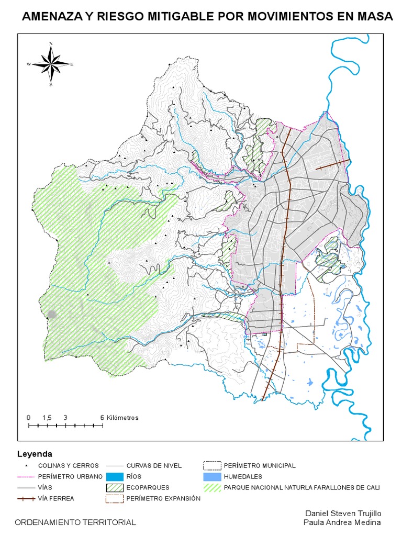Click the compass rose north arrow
[x=51, y=63]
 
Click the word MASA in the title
[x=373, y=17]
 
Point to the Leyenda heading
[x=35, y=453]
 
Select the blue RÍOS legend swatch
[x=114, y=477]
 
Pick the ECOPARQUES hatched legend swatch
[x=114, y=488]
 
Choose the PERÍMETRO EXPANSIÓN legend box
[x=114, y=498]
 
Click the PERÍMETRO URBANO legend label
[x=70, y=477]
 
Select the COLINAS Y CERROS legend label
[x=68, y=465]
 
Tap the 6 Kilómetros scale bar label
[x=119, y=418]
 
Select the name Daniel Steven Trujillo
[x=343, y=513]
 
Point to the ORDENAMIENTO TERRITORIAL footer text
[x=75, y=522]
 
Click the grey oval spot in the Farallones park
[x=51, y=314]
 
